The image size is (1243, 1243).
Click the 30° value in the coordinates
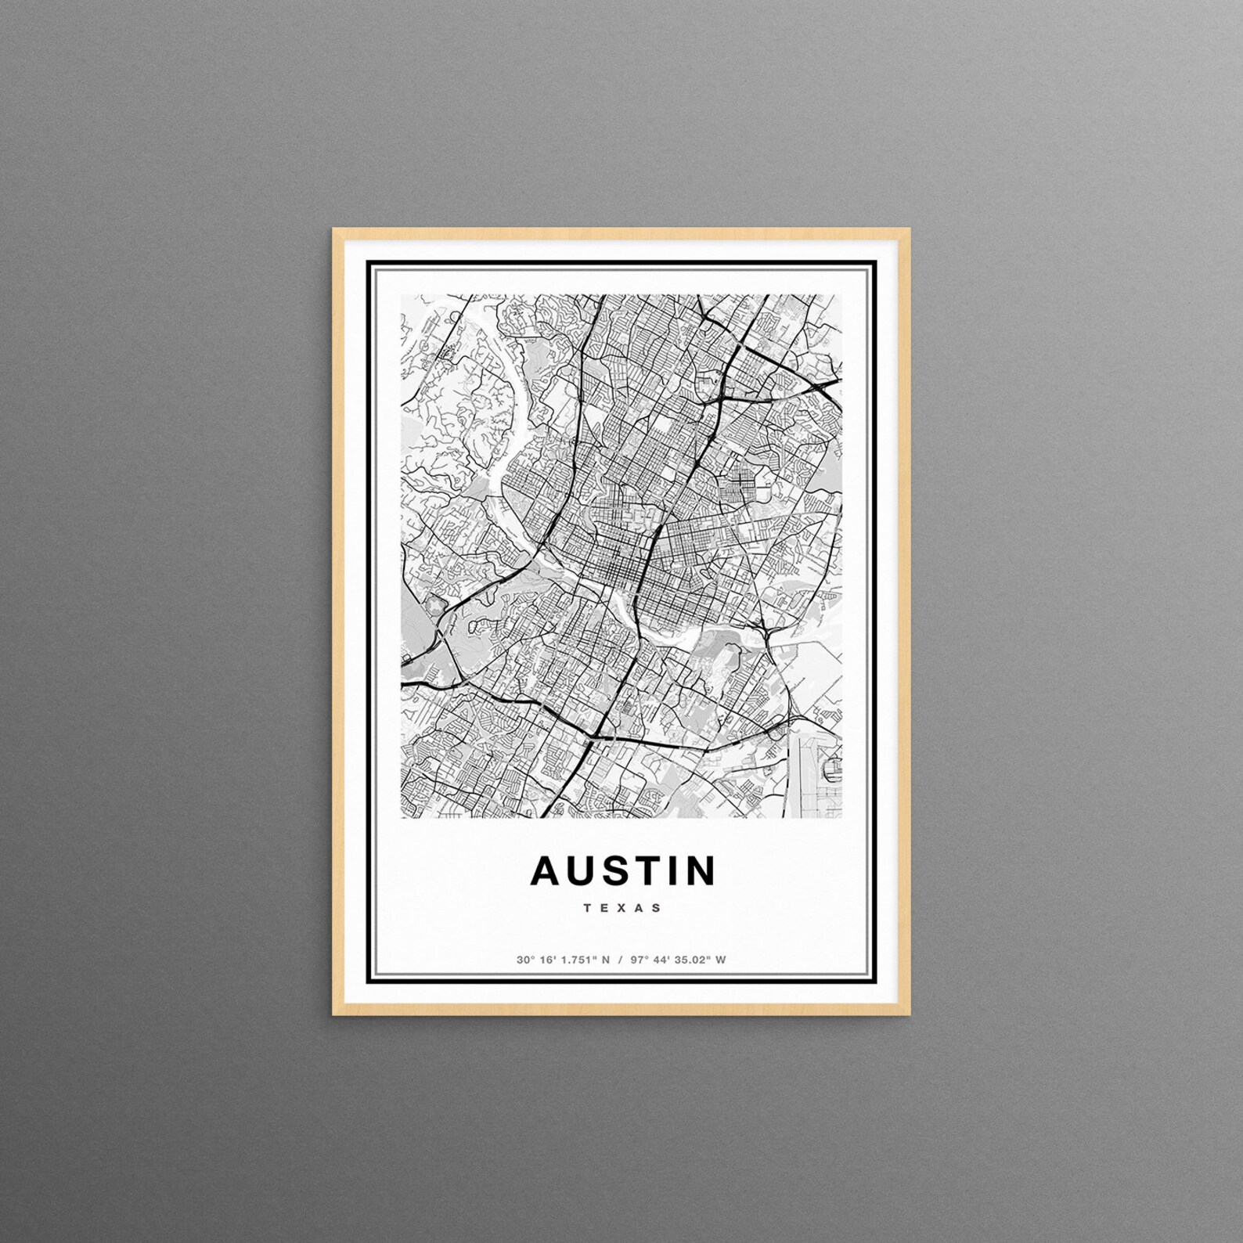point(524,960)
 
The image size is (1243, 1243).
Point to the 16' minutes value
point(545,960)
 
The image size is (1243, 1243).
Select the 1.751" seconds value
point(576,960)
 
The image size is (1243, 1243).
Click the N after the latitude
point(605,960)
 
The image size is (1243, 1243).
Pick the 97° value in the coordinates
point(640,960)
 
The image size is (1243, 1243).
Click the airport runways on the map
point(814,771)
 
